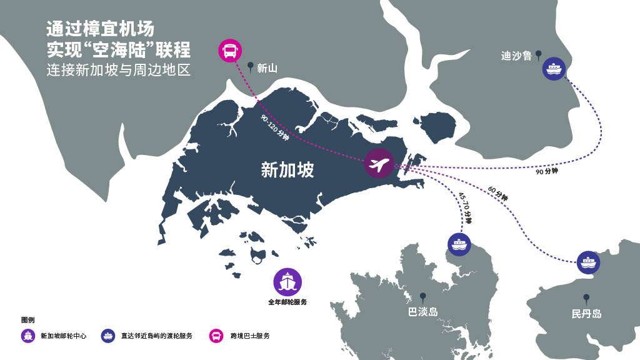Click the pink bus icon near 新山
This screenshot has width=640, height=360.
point(230,51)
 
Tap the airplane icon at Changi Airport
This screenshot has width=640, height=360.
point(377,164)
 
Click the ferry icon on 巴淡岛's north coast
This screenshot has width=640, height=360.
point(459,244)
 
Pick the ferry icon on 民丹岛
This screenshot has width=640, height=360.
point(588,262)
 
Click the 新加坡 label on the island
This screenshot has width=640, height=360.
point(287,170)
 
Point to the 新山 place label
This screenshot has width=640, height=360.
point(267,68)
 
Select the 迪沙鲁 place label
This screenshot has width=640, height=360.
point(516,56)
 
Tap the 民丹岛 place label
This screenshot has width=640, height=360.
point(586,314)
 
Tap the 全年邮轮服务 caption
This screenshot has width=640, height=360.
point(287,302)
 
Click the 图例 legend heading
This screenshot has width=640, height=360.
point(27,320)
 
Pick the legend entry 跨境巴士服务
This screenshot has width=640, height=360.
point(249,336)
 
